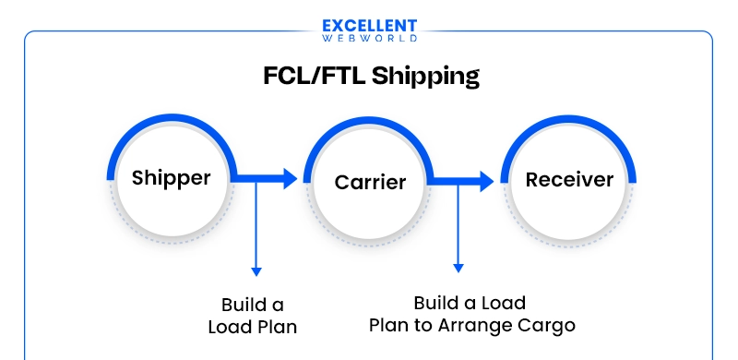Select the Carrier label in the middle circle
(370, 182)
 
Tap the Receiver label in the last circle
(569, 179)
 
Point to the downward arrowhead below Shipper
(256, 271)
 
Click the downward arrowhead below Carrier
(458, 268)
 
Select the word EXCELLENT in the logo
(370, 26)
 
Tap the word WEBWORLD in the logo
(370, 39)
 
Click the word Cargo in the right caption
(545, 325)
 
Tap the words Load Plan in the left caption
(253, 326)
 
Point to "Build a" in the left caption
(253, 305)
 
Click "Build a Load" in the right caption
(470, 303)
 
